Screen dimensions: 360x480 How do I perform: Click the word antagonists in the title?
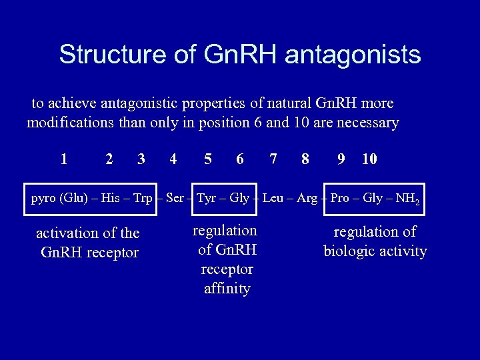coord(353,55)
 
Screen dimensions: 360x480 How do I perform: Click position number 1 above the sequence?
coord(63,159)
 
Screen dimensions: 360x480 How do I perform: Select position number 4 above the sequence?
coord(173,159)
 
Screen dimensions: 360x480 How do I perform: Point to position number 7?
coord(273,159)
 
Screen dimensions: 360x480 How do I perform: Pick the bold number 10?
coord(369,159)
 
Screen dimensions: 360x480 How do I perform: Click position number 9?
coord(341,159)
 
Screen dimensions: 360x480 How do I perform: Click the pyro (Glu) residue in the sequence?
coord(59,198)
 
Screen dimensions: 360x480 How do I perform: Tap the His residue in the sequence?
coord(110,198)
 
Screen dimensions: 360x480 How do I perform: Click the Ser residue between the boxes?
coord(174,198)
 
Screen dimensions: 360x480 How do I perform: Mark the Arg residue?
coord(307,198)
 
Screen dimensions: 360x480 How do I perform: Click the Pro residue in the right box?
coord(339,198)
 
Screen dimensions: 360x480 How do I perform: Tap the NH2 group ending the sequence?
coord(408,199)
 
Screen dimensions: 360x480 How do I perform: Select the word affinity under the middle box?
coord(227,289)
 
